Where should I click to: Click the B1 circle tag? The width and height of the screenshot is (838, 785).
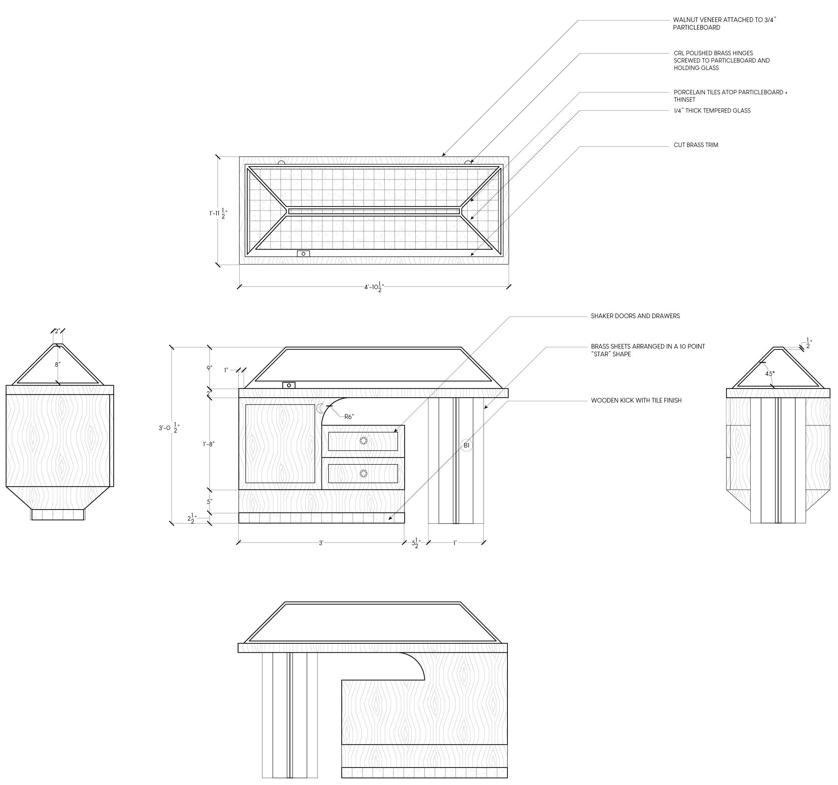[466, 445]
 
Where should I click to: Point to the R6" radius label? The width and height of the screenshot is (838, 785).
[349, 417]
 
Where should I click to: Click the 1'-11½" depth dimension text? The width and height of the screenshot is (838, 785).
[218, 213]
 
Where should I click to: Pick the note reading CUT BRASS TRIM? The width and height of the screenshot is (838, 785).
[696, 145]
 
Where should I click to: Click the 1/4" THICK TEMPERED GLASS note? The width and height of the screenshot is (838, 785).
[712, 111]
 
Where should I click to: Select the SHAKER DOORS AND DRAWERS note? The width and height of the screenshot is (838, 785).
[635, 316]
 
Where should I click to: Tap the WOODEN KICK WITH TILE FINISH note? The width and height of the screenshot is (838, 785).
[636, 400]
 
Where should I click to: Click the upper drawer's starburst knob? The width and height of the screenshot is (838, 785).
[363, 441]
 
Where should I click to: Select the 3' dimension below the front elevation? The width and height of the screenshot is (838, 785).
[321, 543]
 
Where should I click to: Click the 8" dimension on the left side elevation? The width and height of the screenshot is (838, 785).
[57, 365]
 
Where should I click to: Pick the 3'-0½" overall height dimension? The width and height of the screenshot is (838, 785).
[169, 428]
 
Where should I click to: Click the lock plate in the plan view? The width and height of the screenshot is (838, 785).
[303, 254]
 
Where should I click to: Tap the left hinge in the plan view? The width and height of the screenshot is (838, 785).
[281, 162]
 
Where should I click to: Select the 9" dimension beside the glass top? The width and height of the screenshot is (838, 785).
[209, 368]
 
